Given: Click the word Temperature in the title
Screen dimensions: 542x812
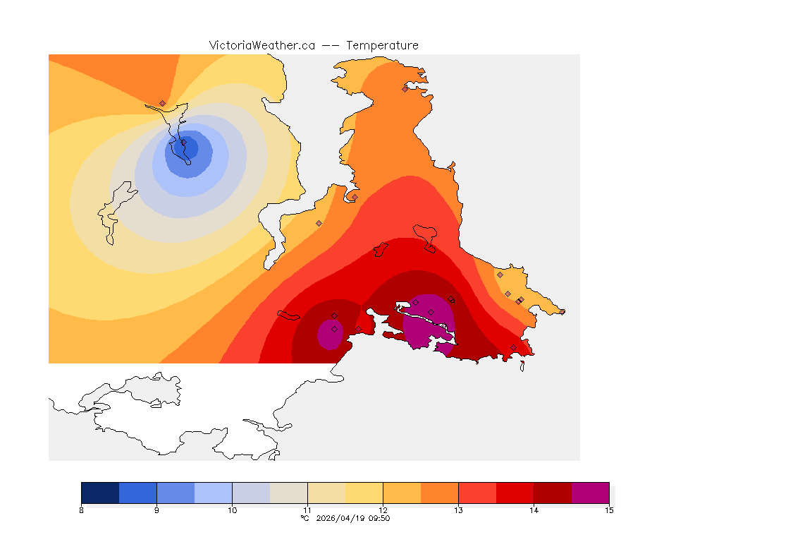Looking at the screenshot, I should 382,45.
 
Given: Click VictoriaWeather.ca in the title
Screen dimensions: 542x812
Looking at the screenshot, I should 262,45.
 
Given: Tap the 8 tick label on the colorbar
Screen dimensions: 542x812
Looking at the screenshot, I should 82,510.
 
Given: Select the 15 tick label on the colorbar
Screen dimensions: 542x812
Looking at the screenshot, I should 608,510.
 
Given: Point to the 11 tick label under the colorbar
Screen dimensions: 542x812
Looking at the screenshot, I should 307,510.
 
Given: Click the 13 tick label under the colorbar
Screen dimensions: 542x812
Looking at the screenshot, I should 458,510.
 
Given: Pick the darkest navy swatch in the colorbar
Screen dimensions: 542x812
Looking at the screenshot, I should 100,492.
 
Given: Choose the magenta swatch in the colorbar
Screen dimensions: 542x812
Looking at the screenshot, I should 590,492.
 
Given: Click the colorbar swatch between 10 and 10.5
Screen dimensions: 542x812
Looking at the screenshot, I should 251,492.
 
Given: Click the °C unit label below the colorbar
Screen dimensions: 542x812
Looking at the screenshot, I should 304,518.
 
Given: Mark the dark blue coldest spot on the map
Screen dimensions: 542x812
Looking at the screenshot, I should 189,150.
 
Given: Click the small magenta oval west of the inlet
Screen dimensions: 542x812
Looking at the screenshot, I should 329,334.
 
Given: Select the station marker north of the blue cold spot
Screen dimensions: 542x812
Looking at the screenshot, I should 162,103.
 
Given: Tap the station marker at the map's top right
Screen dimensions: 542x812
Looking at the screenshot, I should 405,89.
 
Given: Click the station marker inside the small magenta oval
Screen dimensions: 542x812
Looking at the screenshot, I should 334,329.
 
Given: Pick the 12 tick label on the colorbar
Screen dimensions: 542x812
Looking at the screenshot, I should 383,510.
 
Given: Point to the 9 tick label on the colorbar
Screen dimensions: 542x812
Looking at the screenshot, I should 156,510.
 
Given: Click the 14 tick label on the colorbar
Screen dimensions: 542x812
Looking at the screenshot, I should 534,510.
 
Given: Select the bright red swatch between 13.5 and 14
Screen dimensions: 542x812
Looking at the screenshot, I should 515,492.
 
